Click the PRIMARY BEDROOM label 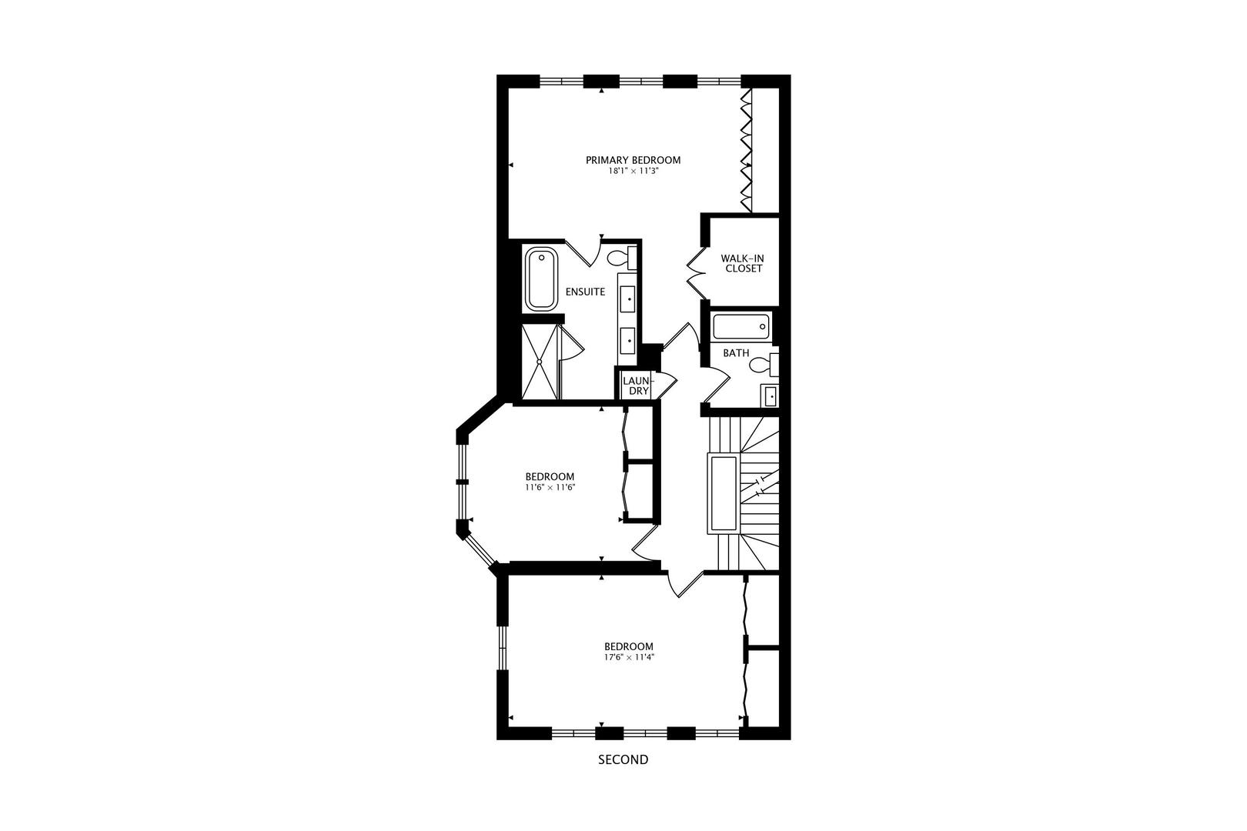[x=633, y=160]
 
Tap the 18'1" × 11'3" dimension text [x=633, y=172]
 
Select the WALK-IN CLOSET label [x=741, y=263]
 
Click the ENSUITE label [x=585, y=292]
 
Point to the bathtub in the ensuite [x=541, y=279]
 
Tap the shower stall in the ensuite [x=540, y=361]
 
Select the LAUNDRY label [x=637, y=385]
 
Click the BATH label [x=736, y=353]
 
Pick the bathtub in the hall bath [x=741, y=327]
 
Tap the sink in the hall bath [x=770, y=396]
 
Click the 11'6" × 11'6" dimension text [x=550, y=487]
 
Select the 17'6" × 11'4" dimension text [x=628, y=657]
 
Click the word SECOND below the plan [x=623, y=759]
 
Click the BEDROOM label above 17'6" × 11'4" [x=628, y=646]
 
